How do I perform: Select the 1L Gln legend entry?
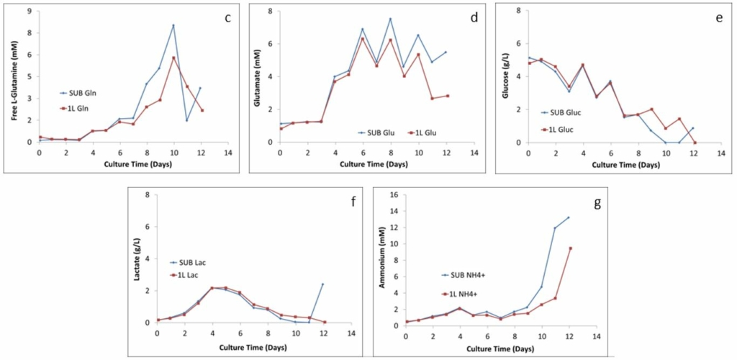(82, 108)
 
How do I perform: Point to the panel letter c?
(227, 17)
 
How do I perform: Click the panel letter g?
(596, 204)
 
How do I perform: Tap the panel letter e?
(719, 17)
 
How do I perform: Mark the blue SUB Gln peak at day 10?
(173, 26)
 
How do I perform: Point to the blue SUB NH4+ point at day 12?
(569, 217)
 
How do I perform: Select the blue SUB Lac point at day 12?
(322, 284)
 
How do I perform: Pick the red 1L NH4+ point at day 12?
(569, 248)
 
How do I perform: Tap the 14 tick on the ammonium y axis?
(396, 211)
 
